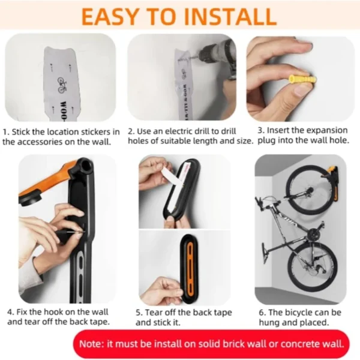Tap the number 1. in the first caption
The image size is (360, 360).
pos(5,131)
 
